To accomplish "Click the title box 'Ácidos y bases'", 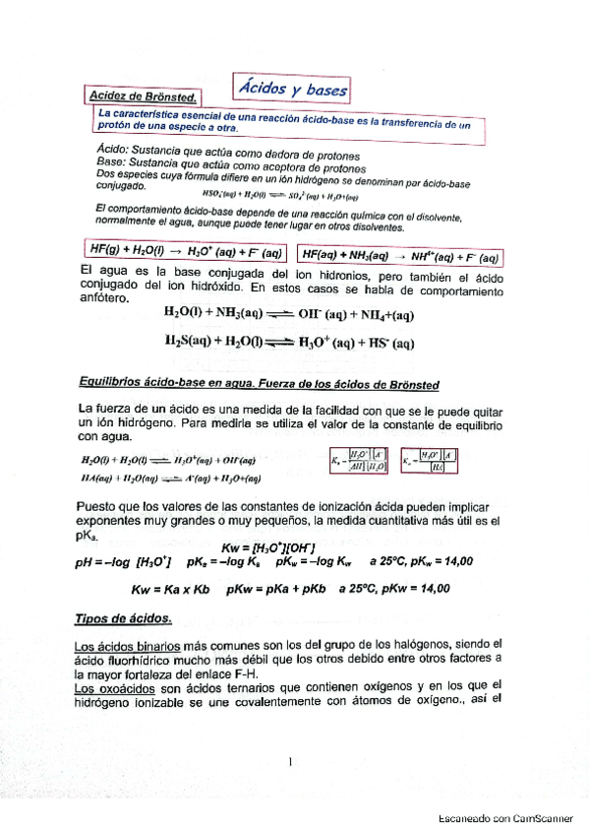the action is tap(293, 89).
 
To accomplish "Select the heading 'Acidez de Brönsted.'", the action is tap(143, 96).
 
